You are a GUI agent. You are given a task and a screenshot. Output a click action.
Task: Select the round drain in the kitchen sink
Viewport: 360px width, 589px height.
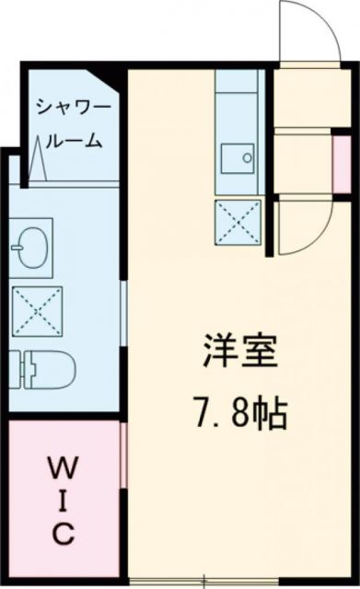point(249,157)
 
